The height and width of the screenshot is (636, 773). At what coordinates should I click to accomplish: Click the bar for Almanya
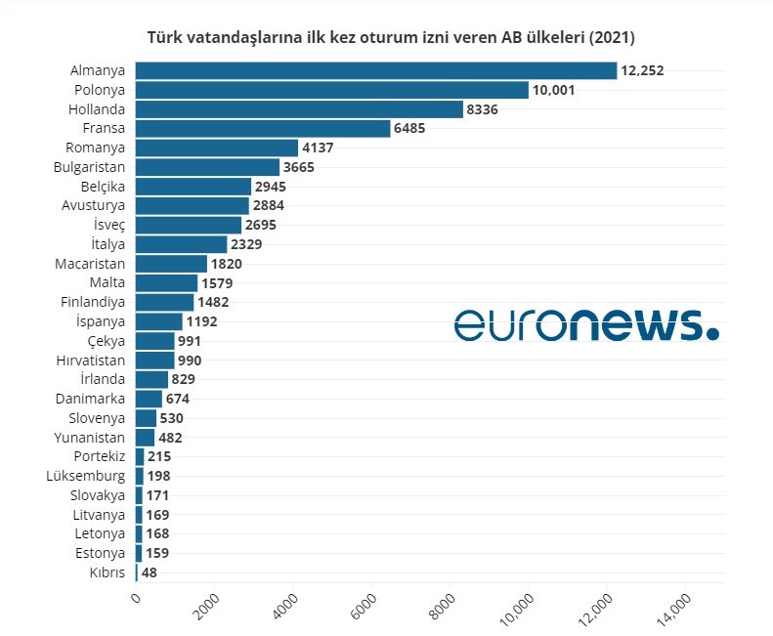pos(376,70)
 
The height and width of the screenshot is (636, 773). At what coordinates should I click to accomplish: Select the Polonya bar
pos(332,90)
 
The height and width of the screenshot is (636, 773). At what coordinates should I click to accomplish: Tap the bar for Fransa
pos(262,128)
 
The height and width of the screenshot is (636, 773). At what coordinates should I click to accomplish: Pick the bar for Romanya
pos(216,148)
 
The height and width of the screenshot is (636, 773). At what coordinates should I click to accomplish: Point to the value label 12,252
pos(643,70)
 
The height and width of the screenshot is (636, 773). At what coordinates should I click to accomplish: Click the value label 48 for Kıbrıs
pos(150,572)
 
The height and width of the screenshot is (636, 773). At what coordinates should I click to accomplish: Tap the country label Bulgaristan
pos(89,167)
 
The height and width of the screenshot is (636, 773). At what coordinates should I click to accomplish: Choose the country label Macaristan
pos(89,264)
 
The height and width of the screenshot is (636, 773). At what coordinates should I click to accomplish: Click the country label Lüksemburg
pos(86,476)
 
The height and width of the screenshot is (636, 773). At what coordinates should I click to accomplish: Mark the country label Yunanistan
pos(89,438)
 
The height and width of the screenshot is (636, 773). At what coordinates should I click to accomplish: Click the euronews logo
pos(586,324)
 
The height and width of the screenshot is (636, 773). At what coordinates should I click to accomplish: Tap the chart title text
pos(391,38)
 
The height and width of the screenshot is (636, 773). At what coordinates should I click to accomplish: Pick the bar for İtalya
pos(181,244)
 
